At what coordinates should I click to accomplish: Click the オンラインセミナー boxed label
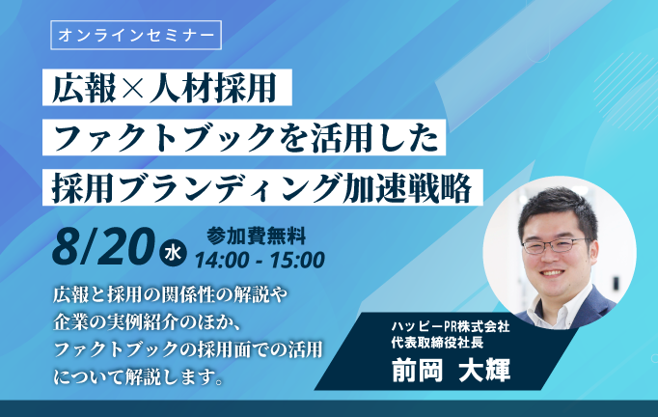click(x=136, y=36)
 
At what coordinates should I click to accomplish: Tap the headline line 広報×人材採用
click(x=164, y=88)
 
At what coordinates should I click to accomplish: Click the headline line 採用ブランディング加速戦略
click(x=262, y=187)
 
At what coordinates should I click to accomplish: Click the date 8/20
click(x=103, y=246)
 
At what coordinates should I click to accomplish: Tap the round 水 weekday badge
click(x=173, y=254)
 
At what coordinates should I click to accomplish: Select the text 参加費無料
click(x=256, y=236)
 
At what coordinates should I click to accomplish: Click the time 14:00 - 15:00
click(x=260, y=260)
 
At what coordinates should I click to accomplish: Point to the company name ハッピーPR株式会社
click(x=451, y=326)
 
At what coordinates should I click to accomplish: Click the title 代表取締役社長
click(x=432, y=343)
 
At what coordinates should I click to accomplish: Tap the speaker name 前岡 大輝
click(x=452, y=370)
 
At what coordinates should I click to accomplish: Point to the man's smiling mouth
click(x=553, y=273)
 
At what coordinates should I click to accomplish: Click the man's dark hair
click(x=558, y=210)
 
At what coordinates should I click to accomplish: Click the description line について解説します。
click(x=138, y=376)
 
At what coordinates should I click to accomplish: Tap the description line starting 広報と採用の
click(x=171, y=295)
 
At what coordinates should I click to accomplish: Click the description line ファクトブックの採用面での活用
click(x=188, y=349)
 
